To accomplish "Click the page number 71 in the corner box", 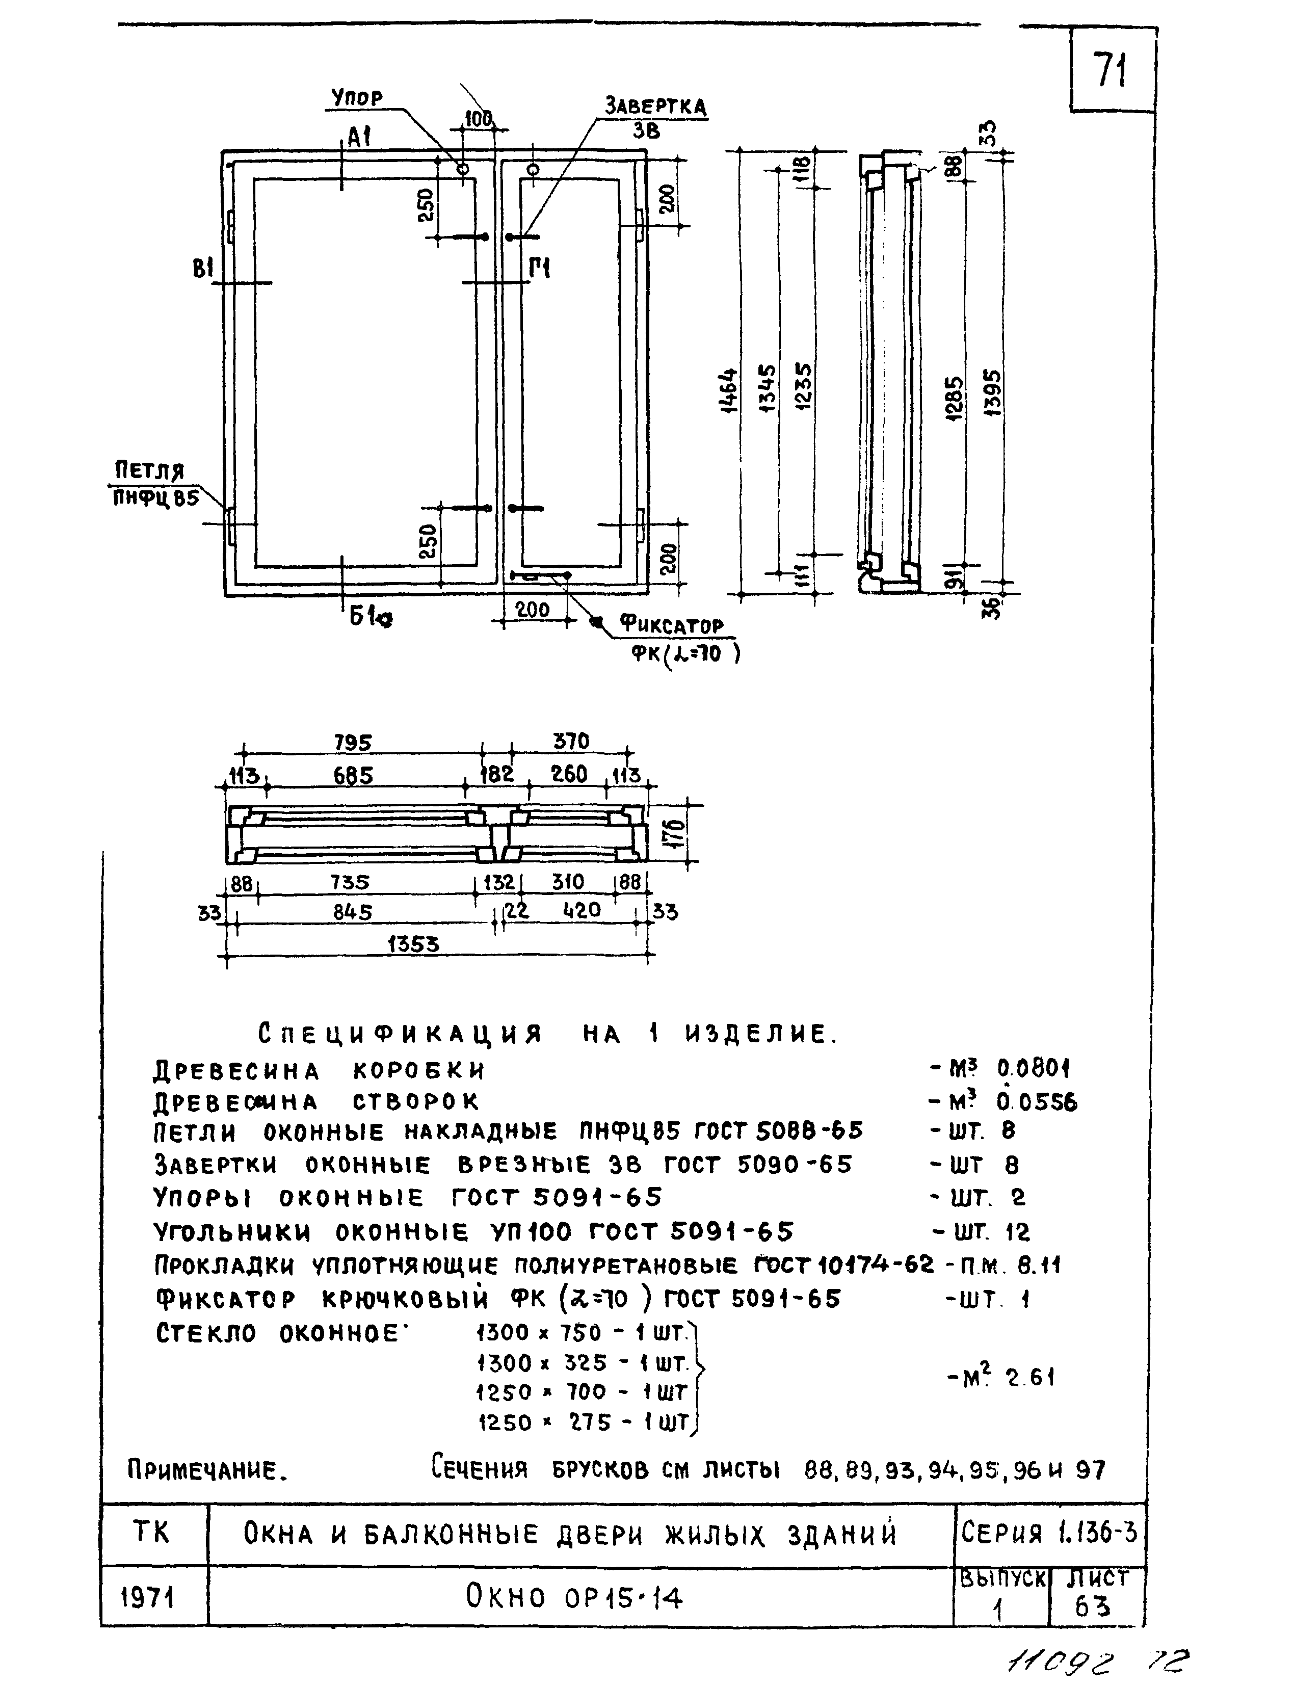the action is pos(1111,71).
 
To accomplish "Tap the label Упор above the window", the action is pos(357,98).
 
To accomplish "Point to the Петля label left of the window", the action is pos(149,470).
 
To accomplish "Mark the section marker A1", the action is pos(358,138).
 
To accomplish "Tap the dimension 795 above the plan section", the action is pos(353,743).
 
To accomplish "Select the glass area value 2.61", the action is pos(1031,1377).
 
